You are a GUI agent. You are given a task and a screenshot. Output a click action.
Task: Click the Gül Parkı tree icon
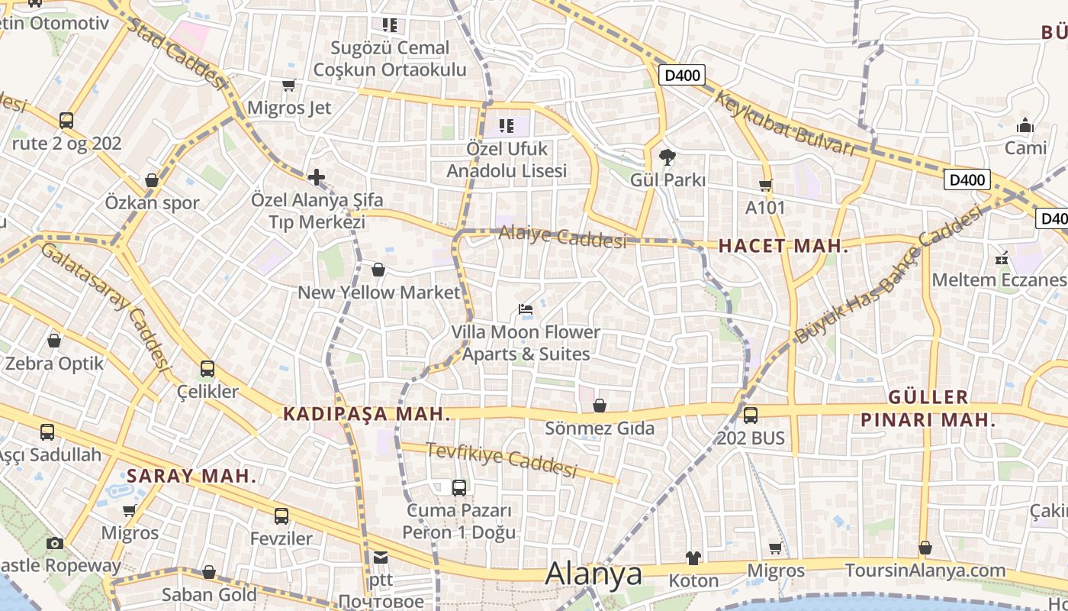pyautogui.click(x=667, y=157)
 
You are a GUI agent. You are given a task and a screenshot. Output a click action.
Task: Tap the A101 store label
pyautogui.click(x=765, y=207)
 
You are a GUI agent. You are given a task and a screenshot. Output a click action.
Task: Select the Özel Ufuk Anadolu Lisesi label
pyautogui.click(x=507, y=160)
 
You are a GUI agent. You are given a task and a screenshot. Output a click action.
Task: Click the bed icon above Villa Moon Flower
pyautogui.click(x=525, y=309)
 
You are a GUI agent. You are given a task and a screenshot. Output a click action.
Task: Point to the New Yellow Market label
pyautogui.click(x=379, y=292)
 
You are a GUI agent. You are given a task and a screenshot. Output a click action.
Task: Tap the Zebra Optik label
pyautogui.click(x=54, y=363)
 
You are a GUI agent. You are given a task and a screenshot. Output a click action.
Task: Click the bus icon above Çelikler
pyautogui.click(x=207, y=369)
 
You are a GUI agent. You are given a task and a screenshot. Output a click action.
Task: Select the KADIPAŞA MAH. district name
pyautogui.click(x=367, y=414)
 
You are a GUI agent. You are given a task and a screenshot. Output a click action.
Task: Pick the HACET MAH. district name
pyautogui.click(x=783, y=246)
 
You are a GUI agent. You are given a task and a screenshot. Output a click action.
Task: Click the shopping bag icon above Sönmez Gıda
pyautogui.click(x=600, y=406)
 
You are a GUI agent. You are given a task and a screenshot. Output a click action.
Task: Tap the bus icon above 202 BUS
pyautogui.click(x=751, y=415)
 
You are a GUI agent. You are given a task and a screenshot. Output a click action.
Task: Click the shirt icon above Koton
pyautogui.click(x=693, y=558)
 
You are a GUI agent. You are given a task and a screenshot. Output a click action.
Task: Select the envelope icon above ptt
pyautogui.click(x=380, y=558)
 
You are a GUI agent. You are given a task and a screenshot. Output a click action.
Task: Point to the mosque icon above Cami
pyautogui.click(x=1025, y=125)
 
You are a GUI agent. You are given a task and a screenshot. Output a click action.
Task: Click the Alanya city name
pyautogui.click(x=594, y=574)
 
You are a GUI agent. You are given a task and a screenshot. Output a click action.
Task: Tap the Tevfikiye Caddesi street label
pyautogui.click(x=501, y=460)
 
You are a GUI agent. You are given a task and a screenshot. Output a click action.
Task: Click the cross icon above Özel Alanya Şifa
pyautogui.click(x=317, y=178)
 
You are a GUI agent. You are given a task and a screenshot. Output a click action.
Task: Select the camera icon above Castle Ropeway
pyautogui.click(x=54, y=543)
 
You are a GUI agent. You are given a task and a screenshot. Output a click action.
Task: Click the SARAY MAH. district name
pyautogui.click(x=191, y=476)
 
